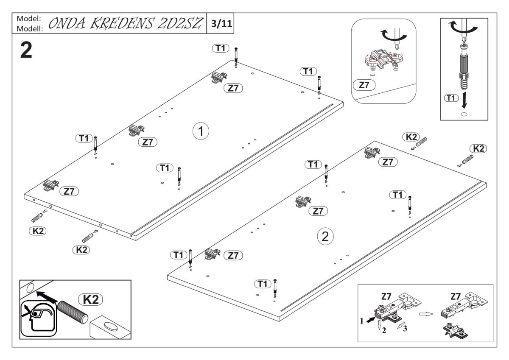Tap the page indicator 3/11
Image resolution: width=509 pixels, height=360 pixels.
click(219, 23)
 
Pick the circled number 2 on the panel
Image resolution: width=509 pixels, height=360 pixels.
click(325, 237)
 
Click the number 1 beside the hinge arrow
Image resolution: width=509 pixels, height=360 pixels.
click(362, 321)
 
